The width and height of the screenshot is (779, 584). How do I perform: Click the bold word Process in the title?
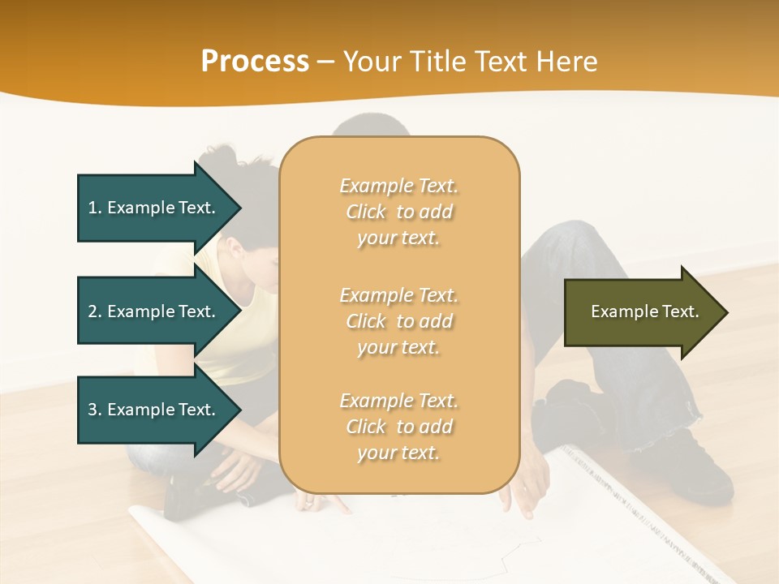255,62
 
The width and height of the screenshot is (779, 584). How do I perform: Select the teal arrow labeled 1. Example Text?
154,208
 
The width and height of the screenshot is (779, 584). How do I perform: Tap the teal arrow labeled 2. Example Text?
154,311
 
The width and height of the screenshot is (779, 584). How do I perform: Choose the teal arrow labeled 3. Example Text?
154,410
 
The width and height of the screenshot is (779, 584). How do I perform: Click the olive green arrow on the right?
641,312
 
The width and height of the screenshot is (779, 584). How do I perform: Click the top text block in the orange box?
398,212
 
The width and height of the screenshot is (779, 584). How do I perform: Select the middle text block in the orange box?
398,321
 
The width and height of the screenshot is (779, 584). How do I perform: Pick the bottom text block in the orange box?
398,427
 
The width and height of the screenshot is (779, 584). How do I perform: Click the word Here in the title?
567,62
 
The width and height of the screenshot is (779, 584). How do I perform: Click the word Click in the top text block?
366,212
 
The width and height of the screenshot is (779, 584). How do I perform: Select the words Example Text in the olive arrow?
644,311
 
